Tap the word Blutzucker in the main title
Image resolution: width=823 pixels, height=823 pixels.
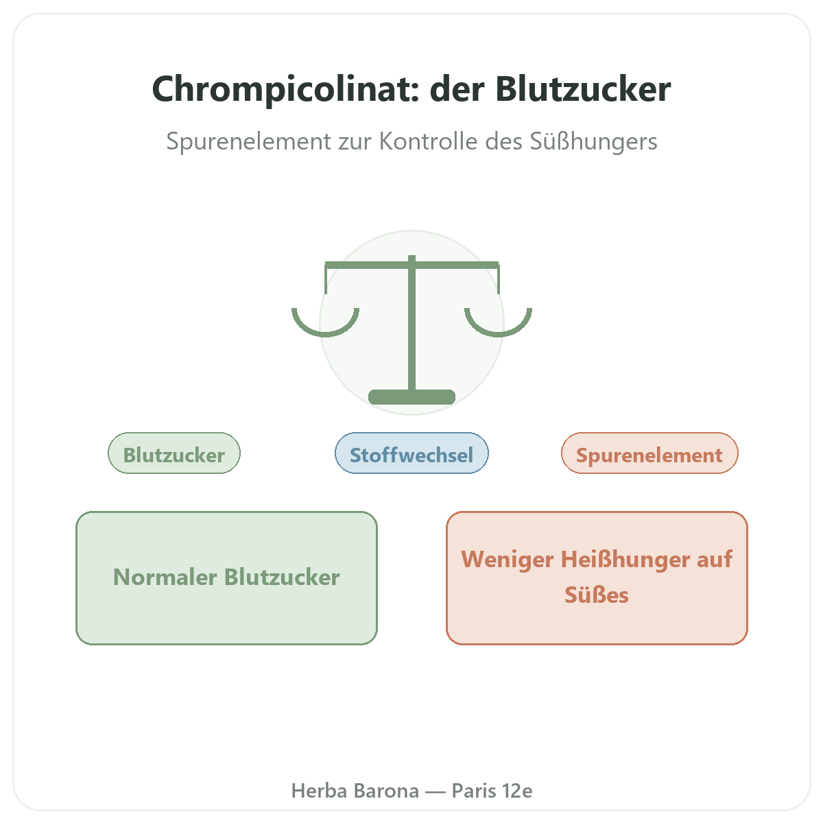583,89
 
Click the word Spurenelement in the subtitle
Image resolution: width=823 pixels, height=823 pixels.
248,141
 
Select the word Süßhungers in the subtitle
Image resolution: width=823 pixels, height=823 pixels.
594,141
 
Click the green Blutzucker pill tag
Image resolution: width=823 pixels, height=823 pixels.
174,453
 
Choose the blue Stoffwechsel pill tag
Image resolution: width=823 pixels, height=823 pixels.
411,453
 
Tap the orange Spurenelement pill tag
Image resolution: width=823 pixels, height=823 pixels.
649,453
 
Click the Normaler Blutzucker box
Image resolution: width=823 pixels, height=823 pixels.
227,578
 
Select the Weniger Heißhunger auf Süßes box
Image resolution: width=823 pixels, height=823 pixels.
597,578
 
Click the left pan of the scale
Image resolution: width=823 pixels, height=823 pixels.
326,334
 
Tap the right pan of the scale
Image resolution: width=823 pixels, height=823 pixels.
499,334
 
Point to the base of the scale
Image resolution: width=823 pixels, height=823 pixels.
411,397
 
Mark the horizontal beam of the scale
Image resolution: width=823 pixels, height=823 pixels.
411,265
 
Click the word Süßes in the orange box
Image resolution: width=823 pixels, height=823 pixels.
597,595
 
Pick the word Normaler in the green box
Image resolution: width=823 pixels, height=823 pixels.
165,577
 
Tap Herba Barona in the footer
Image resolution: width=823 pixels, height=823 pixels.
355,791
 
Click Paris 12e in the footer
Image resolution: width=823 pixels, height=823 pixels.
492,791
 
